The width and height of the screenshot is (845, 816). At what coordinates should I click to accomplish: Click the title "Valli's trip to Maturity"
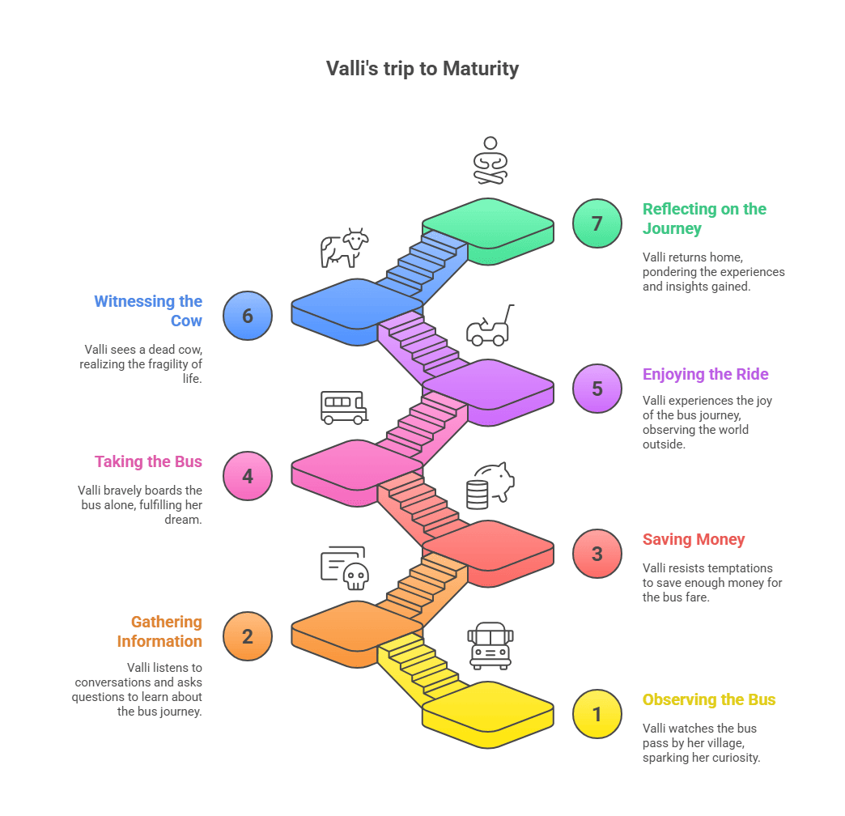point(422,69)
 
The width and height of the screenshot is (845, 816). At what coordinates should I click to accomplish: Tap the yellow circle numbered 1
point(597,714)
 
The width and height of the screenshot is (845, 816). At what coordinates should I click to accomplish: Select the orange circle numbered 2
point(248,635)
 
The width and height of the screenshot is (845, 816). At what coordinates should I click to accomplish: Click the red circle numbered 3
point(597,554)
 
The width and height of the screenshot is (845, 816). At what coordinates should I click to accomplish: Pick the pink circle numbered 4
point(248,476)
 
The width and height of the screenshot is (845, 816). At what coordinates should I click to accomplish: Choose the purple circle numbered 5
point(597,389)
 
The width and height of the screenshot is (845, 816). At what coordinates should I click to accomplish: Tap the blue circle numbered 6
point(248,316)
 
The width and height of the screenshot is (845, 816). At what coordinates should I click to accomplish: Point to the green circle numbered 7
point(597,223)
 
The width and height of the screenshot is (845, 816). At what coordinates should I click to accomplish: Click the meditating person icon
point(490,159)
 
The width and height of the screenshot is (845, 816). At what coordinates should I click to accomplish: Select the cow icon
point(344,247)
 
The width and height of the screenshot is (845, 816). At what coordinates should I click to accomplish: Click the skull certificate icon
point(345,567)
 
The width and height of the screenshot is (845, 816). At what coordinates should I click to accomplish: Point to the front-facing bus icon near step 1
point(490,645)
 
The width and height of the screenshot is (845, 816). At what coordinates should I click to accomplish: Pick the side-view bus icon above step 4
point(344,406)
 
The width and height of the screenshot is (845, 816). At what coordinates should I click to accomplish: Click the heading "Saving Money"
point(694,539)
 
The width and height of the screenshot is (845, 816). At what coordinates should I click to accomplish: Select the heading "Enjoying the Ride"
point(705,374)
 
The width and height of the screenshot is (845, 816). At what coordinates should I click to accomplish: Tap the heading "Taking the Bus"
point(148,461)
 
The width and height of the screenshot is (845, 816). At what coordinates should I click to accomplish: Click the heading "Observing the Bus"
point(709,699)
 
